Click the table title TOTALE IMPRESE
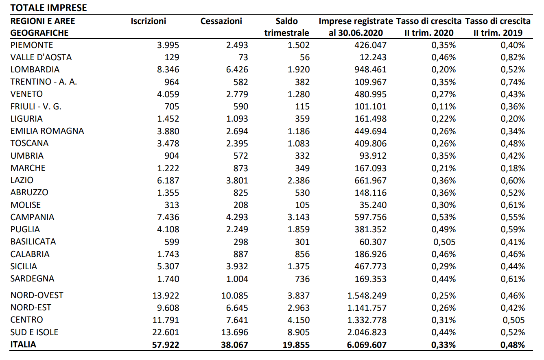(48, 8)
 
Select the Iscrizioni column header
(149, 21)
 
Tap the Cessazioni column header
(221, 21)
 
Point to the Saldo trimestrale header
(286, 27)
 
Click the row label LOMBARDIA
(35, 70)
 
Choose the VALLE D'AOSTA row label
(41, 57)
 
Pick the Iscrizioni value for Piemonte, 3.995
(168, 45)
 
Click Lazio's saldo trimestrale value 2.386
(299, 181)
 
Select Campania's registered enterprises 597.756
(370, 217)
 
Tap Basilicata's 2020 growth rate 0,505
(444, 242)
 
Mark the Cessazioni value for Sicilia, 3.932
(237, 266)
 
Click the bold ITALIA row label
(23, 345)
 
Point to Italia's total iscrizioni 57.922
(166, 345)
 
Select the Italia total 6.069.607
(367, 345)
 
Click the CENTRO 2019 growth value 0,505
(513, 320)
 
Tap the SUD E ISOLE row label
(34, 332)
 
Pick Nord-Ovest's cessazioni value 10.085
(235, 296)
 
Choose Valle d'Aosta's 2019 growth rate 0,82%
(513, 57)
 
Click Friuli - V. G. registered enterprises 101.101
(370, 107)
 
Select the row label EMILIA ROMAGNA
(47, 131)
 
